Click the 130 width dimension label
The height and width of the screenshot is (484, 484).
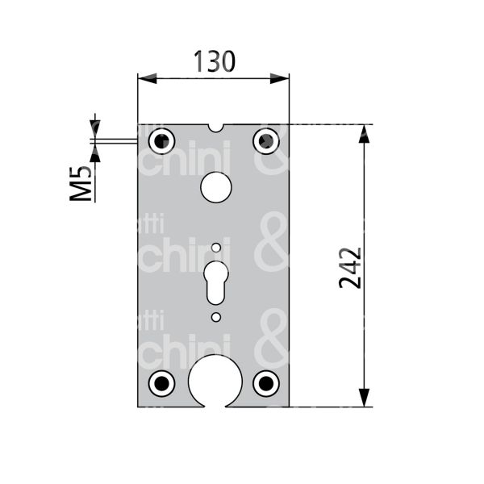pos(214,61)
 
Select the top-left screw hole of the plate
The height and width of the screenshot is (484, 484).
pos(162,141)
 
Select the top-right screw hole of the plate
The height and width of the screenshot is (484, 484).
pos(265,141)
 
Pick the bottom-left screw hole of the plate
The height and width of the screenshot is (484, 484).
pos(162,382)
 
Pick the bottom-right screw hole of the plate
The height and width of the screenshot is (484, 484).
pos(265,382)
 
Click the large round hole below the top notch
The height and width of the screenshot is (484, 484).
pos(215,186)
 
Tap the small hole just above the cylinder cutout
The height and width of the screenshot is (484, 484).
pos(215,247)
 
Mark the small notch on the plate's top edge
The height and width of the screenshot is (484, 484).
pos(215,127)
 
